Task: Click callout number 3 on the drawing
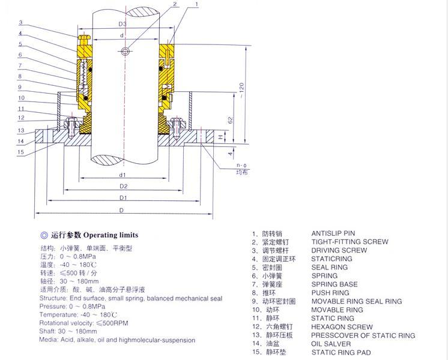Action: coord(20,23)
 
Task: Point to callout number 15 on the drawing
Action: coord(20,152)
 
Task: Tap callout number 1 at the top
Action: coord(196,4)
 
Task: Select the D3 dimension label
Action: coord(123,24)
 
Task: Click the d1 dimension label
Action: coord(123,175)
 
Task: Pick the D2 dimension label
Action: coord(124,187)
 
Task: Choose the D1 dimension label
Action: coord(123,198)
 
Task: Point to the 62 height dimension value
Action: coord(231,120)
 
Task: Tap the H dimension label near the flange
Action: coord(221,137)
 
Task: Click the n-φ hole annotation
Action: coord(241,165)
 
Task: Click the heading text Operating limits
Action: coord(110,235)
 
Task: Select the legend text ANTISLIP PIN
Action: coord(333,233)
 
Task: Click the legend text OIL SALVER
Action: coord(331,344)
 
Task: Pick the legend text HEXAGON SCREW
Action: coord(342,327)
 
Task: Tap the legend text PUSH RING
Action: coord(330,293)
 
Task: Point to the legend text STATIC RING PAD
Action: coord(341,353)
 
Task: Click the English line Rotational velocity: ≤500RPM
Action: coord(83,323)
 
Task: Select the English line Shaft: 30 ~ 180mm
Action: coord(68,331)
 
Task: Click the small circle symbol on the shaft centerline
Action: coord(125,52)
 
